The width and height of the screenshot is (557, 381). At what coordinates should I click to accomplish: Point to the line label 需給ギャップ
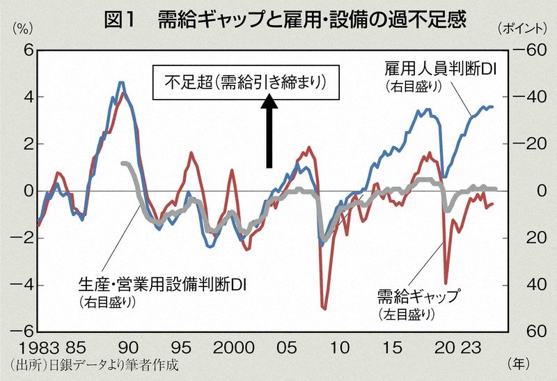pos(418,297)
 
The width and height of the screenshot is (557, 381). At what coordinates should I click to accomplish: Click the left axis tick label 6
pos(28,50)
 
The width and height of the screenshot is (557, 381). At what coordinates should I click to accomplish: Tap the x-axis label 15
pos(393,346)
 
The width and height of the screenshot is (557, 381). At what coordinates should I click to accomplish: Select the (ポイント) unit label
pos(523,29)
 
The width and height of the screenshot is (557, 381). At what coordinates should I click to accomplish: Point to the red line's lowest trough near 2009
pos(324,307)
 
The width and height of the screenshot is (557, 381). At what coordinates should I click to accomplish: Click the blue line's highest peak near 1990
pos(121,83)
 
